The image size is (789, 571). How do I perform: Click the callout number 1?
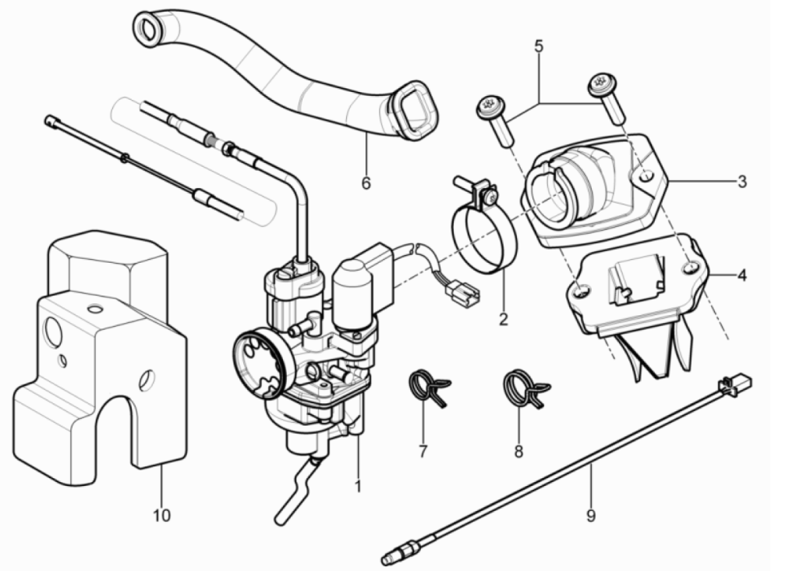(x=359, y=487)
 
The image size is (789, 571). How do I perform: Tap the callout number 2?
(x=503, y=319)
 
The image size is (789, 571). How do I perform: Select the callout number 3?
(x=741, y=181)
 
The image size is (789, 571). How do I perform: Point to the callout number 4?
(x=741, y=275)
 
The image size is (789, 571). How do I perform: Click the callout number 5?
(x=539, y=46)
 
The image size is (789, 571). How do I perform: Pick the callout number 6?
(x=366, y=183)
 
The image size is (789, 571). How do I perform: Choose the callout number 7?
(x=423, y=451)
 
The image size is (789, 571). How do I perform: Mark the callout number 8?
(x=518, y=451)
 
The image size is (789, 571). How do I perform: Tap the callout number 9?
(x=591, y=515)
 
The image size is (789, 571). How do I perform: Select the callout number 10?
(x=162, y=515)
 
